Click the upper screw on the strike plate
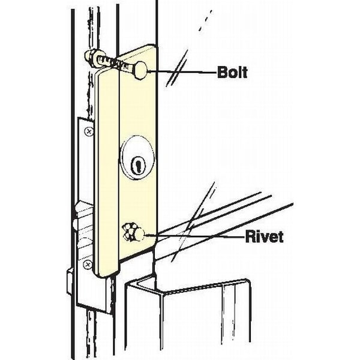point(88,130)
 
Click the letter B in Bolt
point(221,73)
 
